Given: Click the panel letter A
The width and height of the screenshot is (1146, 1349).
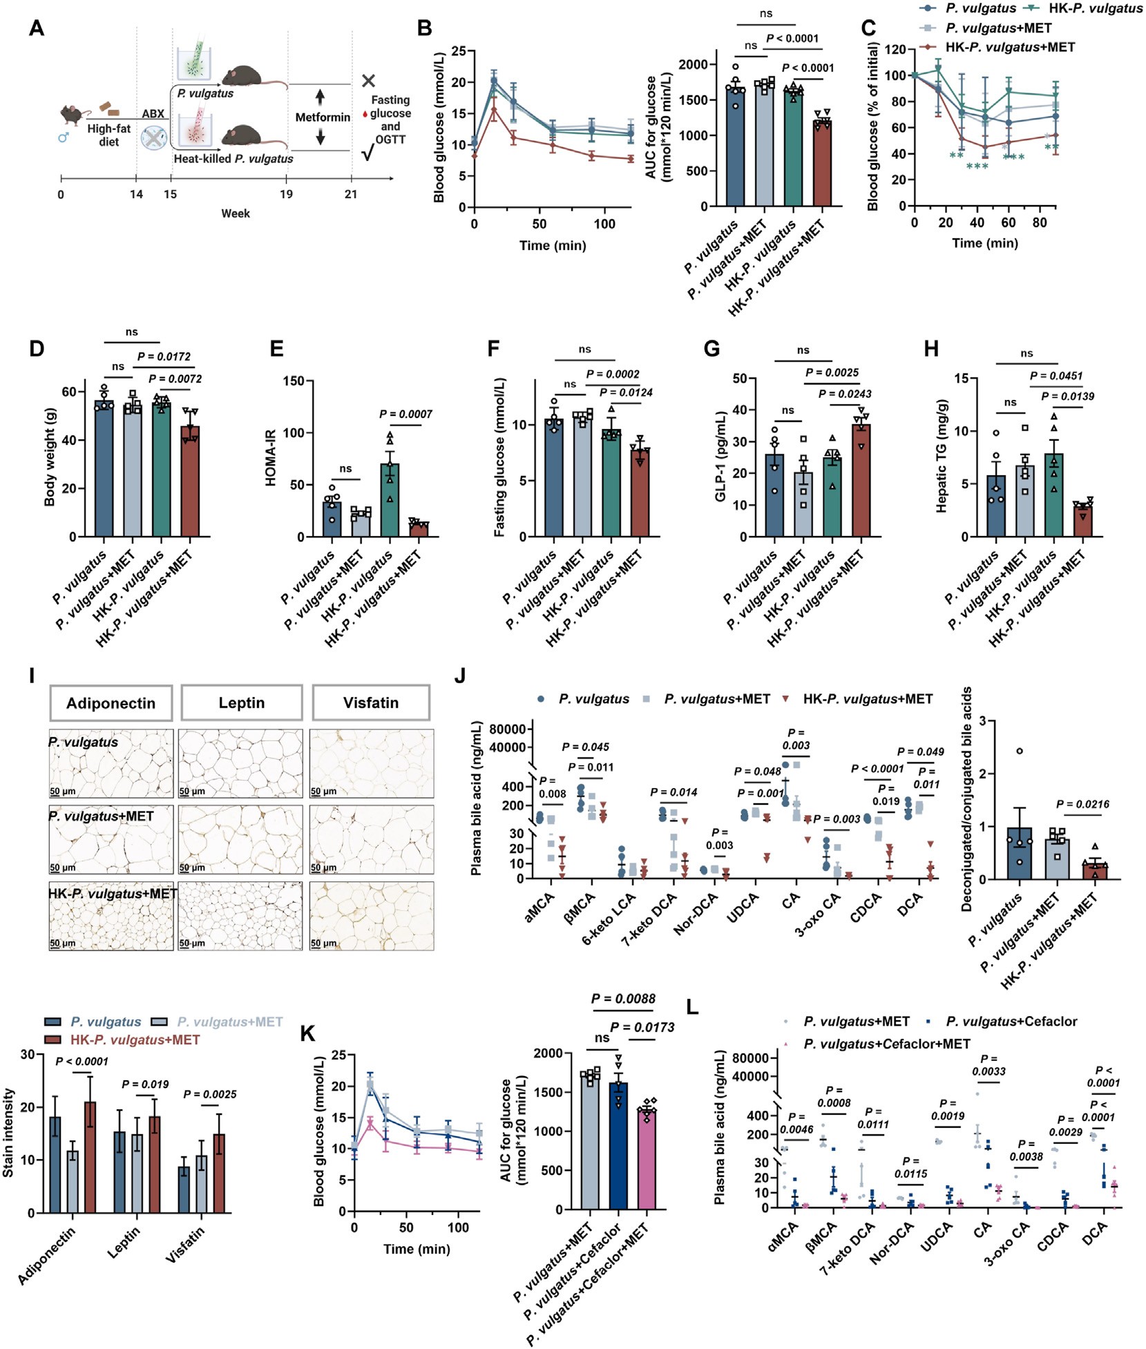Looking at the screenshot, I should [37, 29].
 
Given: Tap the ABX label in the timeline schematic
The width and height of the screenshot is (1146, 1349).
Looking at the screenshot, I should [153, 114].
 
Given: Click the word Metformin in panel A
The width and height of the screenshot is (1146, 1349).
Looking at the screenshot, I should [323, 117].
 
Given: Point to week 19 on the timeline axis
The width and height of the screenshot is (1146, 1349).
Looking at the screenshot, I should [286, 194].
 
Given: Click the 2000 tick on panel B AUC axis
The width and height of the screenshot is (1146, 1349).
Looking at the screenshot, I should [692, 65].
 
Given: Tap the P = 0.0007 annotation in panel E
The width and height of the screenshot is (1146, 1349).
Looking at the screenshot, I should [405, 414].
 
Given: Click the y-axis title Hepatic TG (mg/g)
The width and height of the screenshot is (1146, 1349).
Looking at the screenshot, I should [941, 455].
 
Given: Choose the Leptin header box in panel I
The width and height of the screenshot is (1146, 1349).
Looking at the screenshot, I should [241, 702].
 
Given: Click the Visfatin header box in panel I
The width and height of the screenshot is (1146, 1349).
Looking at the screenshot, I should [371, 702].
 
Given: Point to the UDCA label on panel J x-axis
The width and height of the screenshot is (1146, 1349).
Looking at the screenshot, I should [743, 906].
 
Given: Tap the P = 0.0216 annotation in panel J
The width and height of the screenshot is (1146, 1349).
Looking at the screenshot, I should [1082, 804].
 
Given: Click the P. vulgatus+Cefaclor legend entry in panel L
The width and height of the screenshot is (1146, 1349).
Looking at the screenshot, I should [1011, 1021].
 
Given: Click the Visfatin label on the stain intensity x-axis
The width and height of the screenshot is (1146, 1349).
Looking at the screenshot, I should [184, 1245].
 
